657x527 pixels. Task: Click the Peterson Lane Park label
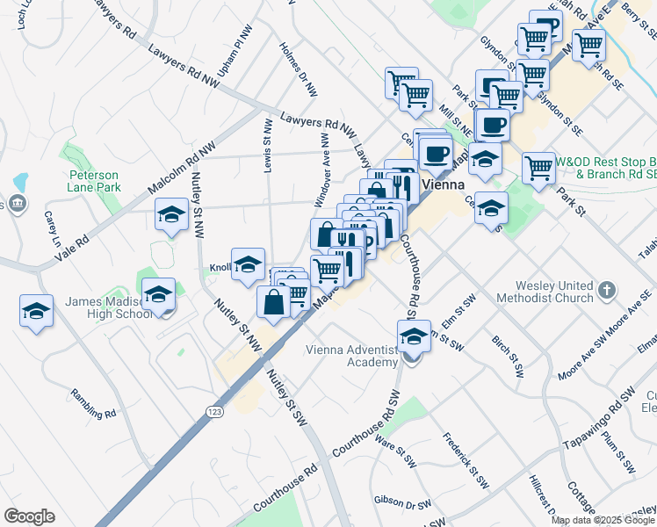(93, 180)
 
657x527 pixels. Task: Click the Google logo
(28, 516)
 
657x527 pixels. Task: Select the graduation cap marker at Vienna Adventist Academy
(413, 336)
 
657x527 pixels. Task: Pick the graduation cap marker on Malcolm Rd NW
(171, 214)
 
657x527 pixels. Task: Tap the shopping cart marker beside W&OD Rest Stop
(538, 166)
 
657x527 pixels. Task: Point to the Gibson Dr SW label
(402, 502)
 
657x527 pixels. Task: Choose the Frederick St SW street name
(465, 460)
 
